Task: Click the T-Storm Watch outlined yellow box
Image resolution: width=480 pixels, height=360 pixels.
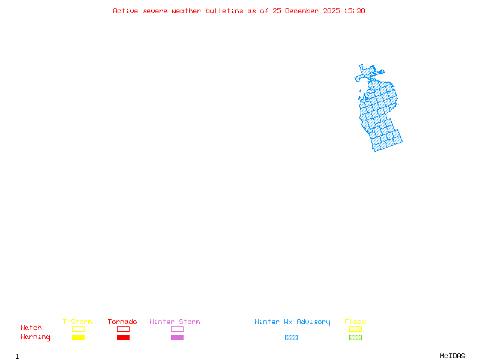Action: tap(78, 329)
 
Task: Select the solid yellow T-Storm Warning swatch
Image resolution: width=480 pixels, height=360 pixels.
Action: tap(78, 337)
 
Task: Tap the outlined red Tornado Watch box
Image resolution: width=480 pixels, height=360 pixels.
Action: tap(123, 329)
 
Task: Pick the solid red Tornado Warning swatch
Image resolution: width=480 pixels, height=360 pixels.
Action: tap(123, 337)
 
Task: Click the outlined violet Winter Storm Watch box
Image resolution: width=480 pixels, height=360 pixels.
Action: tap(177, 329)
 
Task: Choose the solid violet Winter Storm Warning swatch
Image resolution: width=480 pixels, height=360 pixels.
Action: tap(177, 337)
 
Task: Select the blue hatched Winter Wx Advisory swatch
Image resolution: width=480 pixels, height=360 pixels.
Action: tap(291, 337)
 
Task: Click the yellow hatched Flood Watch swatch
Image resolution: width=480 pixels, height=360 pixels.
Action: tap(355, 329)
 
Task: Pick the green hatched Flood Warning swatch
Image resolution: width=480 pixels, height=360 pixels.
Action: tap(355, 337)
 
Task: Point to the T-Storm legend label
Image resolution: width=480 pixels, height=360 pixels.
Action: tap(77, 322)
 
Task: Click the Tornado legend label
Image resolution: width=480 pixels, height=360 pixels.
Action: tap(122, 322)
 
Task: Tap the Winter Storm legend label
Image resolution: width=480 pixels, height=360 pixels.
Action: tap(175, 322)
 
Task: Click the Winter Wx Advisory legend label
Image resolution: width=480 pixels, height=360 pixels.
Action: tap(292, 322)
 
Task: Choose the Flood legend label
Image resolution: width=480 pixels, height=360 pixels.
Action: tap(355, 322)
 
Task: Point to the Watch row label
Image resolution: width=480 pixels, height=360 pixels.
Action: tap(31, 328)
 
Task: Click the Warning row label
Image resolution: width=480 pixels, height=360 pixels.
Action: tap(35, 337)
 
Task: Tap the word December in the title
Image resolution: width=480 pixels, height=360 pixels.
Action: tap(304, 11)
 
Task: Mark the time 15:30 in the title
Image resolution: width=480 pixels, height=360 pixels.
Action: tap(355, 11)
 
